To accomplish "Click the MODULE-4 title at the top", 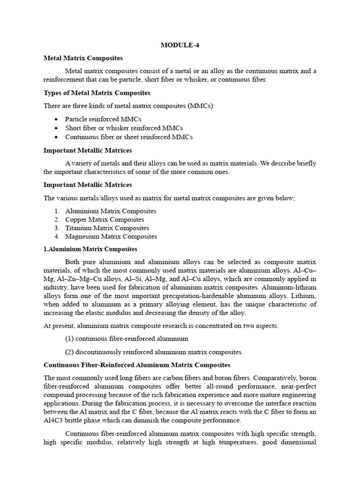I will click(180, 45).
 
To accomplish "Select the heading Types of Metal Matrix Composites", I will click(97, 93).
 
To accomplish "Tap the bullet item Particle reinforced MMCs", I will click(103, 119).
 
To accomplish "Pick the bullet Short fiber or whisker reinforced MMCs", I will click(124, 128).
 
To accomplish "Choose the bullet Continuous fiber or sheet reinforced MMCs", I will click(129, 137).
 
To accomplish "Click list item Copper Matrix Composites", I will click(105, 219).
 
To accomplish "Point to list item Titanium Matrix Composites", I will click(107, 228).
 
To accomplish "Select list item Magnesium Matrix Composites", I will click(111, 236).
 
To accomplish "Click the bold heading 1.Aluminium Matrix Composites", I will click(90, 249).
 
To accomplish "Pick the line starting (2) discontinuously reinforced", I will click(153, 352).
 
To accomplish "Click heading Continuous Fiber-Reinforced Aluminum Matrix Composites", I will click(137, 365).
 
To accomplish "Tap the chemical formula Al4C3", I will click(53, 420).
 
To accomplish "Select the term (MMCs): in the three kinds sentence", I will click(200, 106).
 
